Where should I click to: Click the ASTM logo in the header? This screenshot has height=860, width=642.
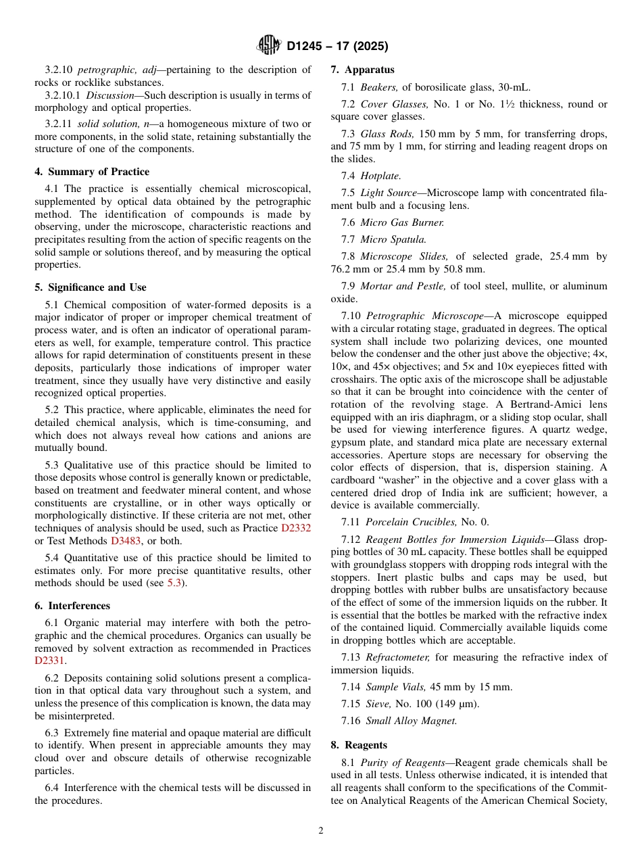[x=270, y=46]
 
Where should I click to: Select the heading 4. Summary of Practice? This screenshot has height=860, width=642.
[x=92, y=172]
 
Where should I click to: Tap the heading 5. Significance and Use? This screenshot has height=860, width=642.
[x=91, y=287]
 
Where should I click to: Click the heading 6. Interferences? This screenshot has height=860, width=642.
[x=72, y=606]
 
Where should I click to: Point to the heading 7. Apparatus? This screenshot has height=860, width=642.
[x=362, y=70]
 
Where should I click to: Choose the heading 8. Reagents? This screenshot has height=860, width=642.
[x=358, y=745]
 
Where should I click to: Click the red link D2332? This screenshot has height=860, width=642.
[x=296, y=528]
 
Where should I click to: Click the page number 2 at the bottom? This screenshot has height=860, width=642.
[x=321, y=831]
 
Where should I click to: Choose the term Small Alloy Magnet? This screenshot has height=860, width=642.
[x=411, y=721]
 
